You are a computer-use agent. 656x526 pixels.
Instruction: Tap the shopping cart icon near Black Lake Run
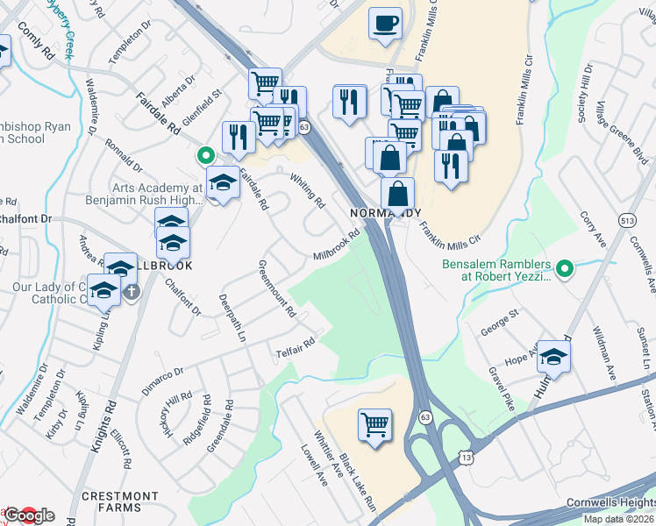tap(374, 425)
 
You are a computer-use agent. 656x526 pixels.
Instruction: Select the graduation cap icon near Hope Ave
tap(553, 356)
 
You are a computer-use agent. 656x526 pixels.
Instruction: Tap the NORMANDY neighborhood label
tap(386, 214)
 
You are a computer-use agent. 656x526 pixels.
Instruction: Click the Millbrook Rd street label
tap(338, 245)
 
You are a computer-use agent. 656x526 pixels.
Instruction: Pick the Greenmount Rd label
tap(277, 288)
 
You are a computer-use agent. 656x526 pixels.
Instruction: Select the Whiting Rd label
tap(308, 188)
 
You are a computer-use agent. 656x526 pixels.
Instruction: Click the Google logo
tap(28, 515)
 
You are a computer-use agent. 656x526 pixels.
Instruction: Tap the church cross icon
tap(132, 290)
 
